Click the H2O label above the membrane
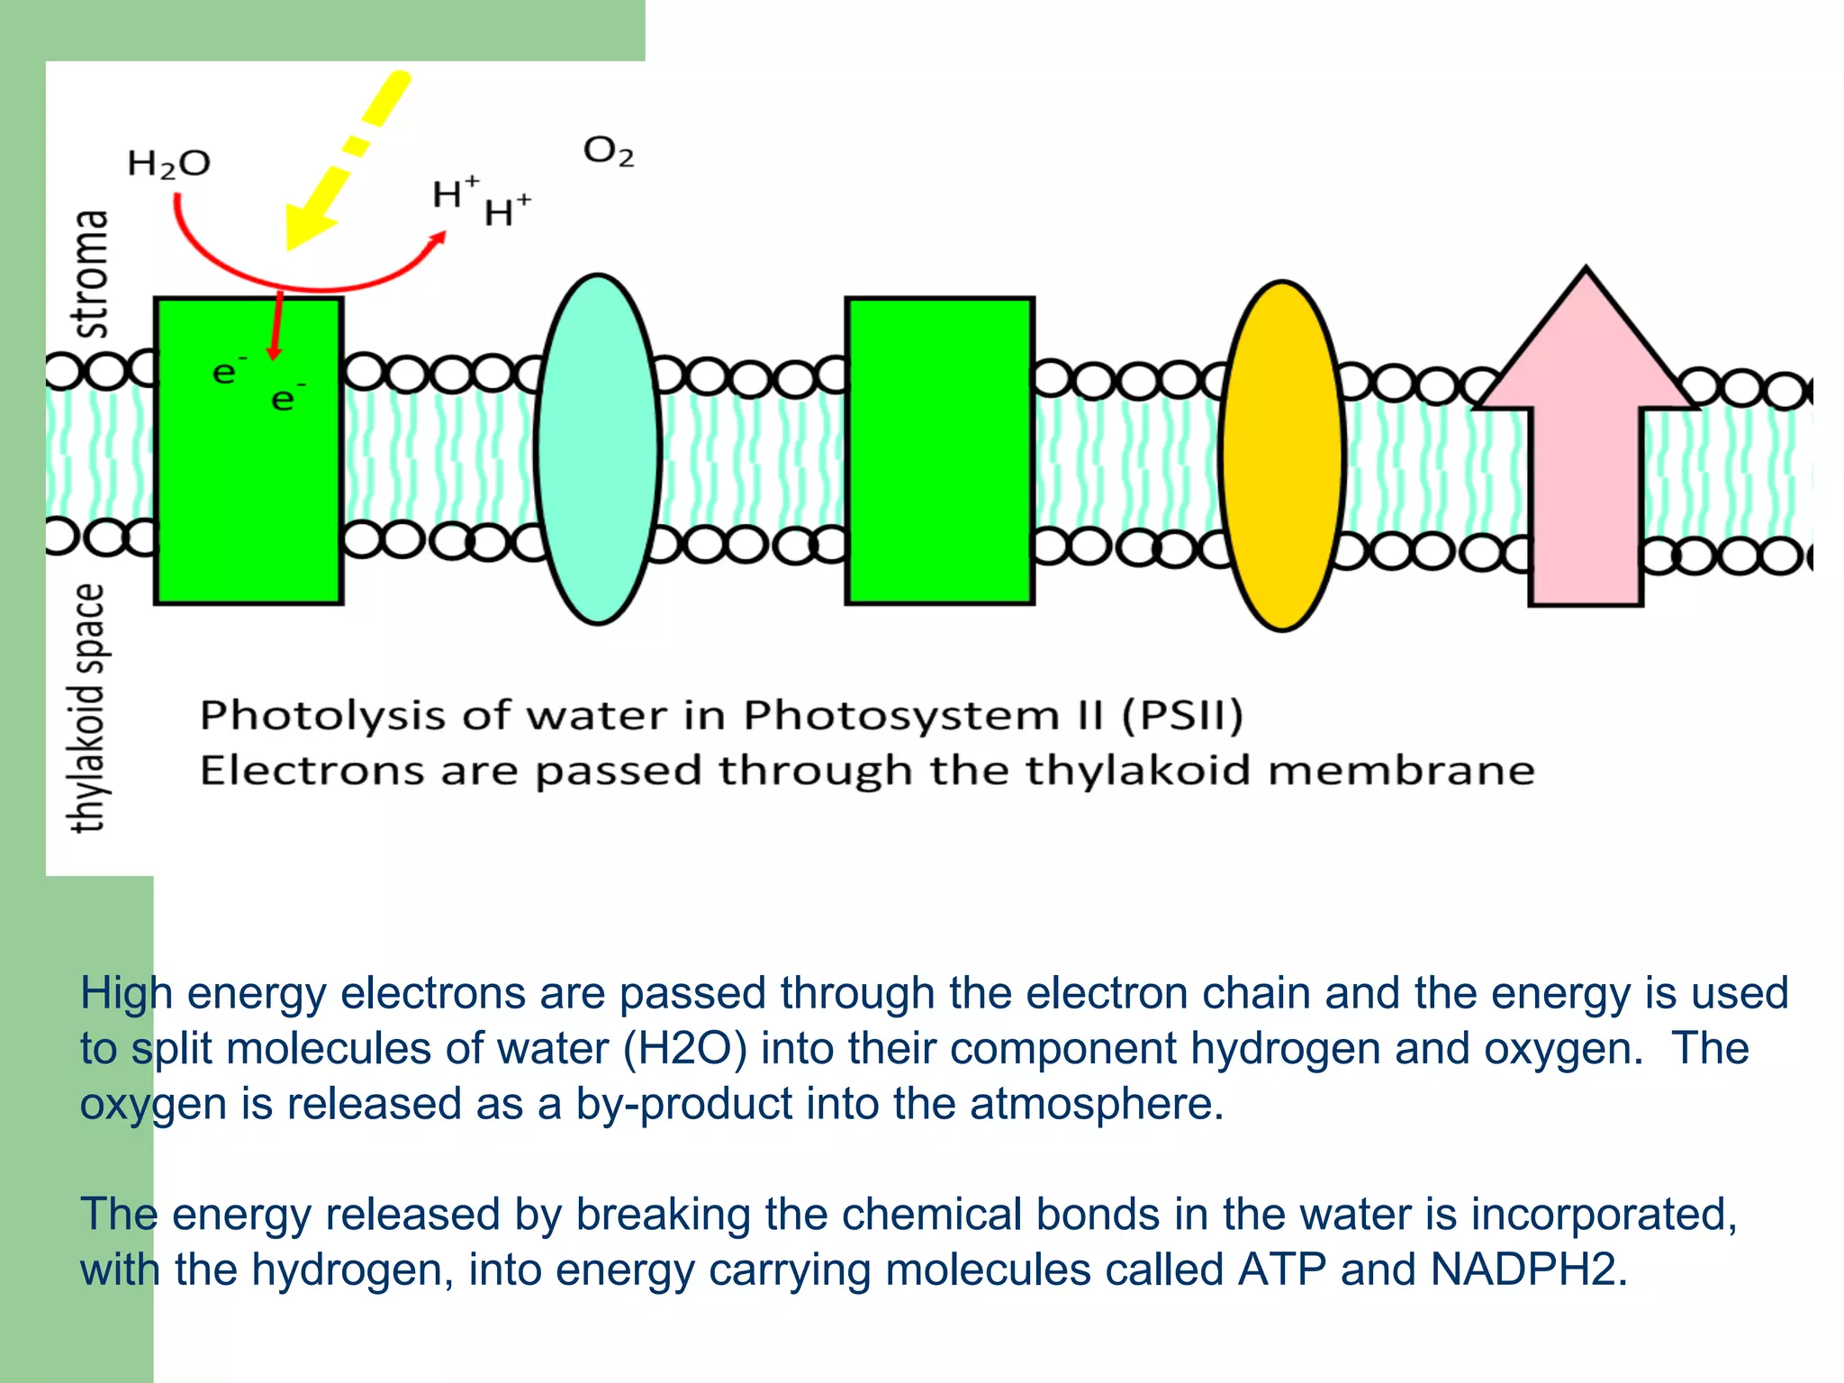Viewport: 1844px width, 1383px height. [x=168, y=164]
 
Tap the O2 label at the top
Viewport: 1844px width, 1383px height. [x=609, y=151]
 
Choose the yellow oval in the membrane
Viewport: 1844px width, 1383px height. [x=1282, y=456]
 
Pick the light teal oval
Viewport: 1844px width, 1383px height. [x=598, y=449]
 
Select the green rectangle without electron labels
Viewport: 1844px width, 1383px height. [x=939, y=450]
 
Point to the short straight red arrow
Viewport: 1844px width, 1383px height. [x=276, y=324]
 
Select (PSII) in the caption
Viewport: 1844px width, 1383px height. [x=1182, y=715]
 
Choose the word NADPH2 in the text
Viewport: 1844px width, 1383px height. [x=1527, y=1270]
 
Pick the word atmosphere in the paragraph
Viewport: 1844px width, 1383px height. [x=1096, y=1104]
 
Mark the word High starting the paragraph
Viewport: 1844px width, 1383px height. [x=126, y=994]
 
